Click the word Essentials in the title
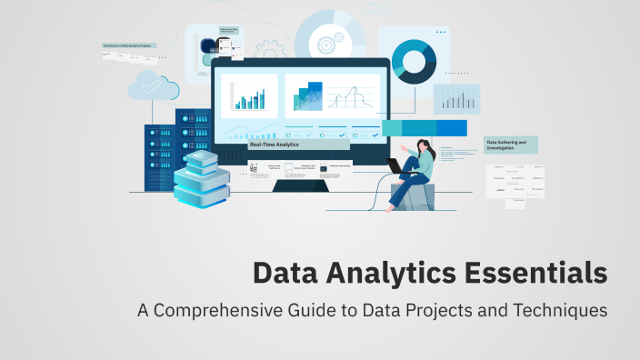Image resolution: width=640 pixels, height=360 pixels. [x=535, y=273]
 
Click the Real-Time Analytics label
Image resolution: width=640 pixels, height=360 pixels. [x=274, y=145]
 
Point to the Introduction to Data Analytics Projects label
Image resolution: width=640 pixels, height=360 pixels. [x=128, y=45]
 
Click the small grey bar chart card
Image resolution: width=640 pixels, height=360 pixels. [x=456, y=98]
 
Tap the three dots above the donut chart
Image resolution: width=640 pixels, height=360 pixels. [x=441, y=32]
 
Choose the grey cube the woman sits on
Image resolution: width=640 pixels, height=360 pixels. [x=414, y=195]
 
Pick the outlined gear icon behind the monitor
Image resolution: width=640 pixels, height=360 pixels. [x=269, y=47]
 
